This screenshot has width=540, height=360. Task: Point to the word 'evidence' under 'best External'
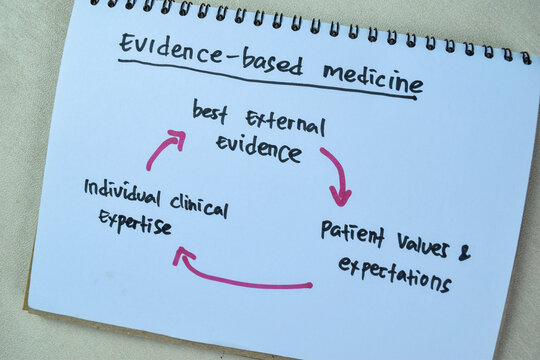tap(257, 149)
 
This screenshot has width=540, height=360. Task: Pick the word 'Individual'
tap(119, 189)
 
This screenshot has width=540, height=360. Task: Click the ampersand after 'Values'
tap(464, 254)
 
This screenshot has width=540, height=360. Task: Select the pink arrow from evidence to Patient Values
tap(337, 174)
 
